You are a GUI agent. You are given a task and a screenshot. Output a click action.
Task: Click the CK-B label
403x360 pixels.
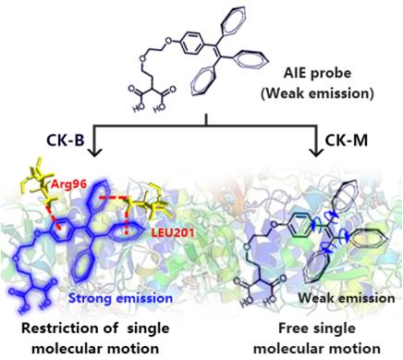click(65, 141)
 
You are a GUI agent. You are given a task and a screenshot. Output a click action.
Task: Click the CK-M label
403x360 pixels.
click(347, 141)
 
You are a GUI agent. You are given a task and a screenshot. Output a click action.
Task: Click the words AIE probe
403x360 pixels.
click(317, 73)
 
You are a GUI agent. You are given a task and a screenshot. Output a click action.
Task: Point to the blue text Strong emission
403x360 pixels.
click(120, 298)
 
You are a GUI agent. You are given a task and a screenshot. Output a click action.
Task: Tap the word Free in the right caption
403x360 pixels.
click(291, 328)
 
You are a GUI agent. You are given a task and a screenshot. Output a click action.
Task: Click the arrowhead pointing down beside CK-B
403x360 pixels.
click(94, 151)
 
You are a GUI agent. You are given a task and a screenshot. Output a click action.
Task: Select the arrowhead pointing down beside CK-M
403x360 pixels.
click(316, 151)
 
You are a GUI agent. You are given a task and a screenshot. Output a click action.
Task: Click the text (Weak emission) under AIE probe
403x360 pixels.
click(317, 93)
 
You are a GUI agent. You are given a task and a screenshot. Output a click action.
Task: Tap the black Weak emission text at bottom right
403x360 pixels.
click(347, 298)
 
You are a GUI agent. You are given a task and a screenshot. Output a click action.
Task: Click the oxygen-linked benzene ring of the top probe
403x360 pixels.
click(192, 43)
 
